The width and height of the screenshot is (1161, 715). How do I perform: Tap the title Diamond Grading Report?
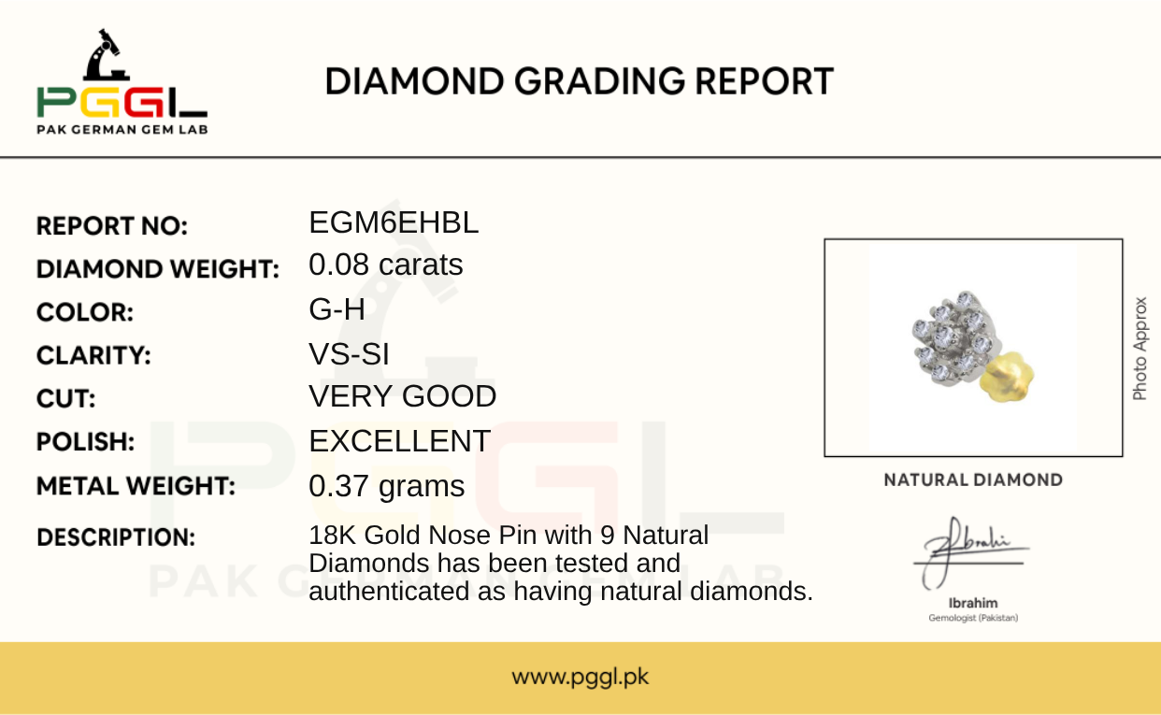tap(579, 82)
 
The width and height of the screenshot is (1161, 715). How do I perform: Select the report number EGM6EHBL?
tap(394, 222)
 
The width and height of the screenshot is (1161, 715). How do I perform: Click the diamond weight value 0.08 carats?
tap(386, 265)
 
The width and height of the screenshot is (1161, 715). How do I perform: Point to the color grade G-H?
tap(337, 309)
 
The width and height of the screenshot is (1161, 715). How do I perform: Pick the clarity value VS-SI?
tap(349, 354)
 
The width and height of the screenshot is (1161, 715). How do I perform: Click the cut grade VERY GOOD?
tap(403, 396)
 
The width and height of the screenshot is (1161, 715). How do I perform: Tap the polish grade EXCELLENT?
tap(399, 441)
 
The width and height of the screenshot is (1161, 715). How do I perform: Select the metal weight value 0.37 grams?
tap(387, 487)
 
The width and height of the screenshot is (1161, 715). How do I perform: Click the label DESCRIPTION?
tap(116, 537)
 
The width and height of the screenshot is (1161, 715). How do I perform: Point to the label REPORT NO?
tap(112, 226)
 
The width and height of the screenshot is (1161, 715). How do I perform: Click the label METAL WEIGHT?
tap(136, 486)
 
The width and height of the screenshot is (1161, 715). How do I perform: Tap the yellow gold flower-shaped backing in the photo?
tap(1007, 377)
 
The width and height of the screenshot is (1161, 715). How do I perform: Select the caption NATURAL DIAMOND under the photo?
tap(973, 480)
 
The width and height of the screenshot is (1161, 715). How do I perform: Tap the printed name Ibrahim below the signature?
tap(973, 603)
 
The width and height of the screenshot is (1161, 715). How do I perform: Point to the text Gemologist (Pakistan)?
tap(973, 618)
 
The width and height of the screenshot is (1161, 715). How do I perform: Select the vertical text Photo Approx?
tap(1139, 349)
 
